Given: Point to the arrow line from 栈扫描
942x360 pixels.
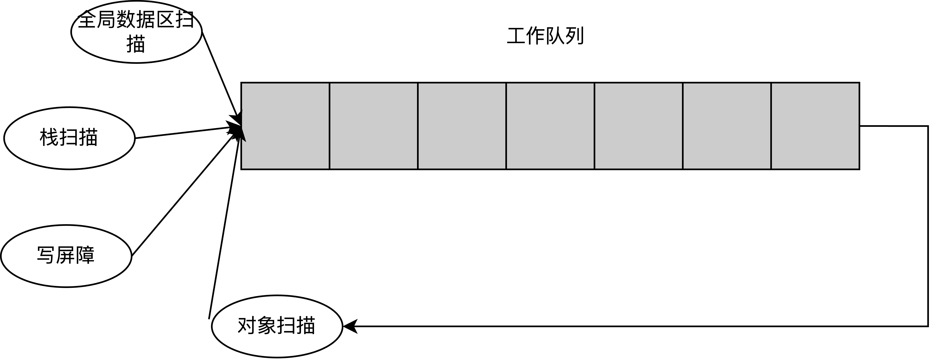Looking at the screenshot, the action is (x=183, y=132).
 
